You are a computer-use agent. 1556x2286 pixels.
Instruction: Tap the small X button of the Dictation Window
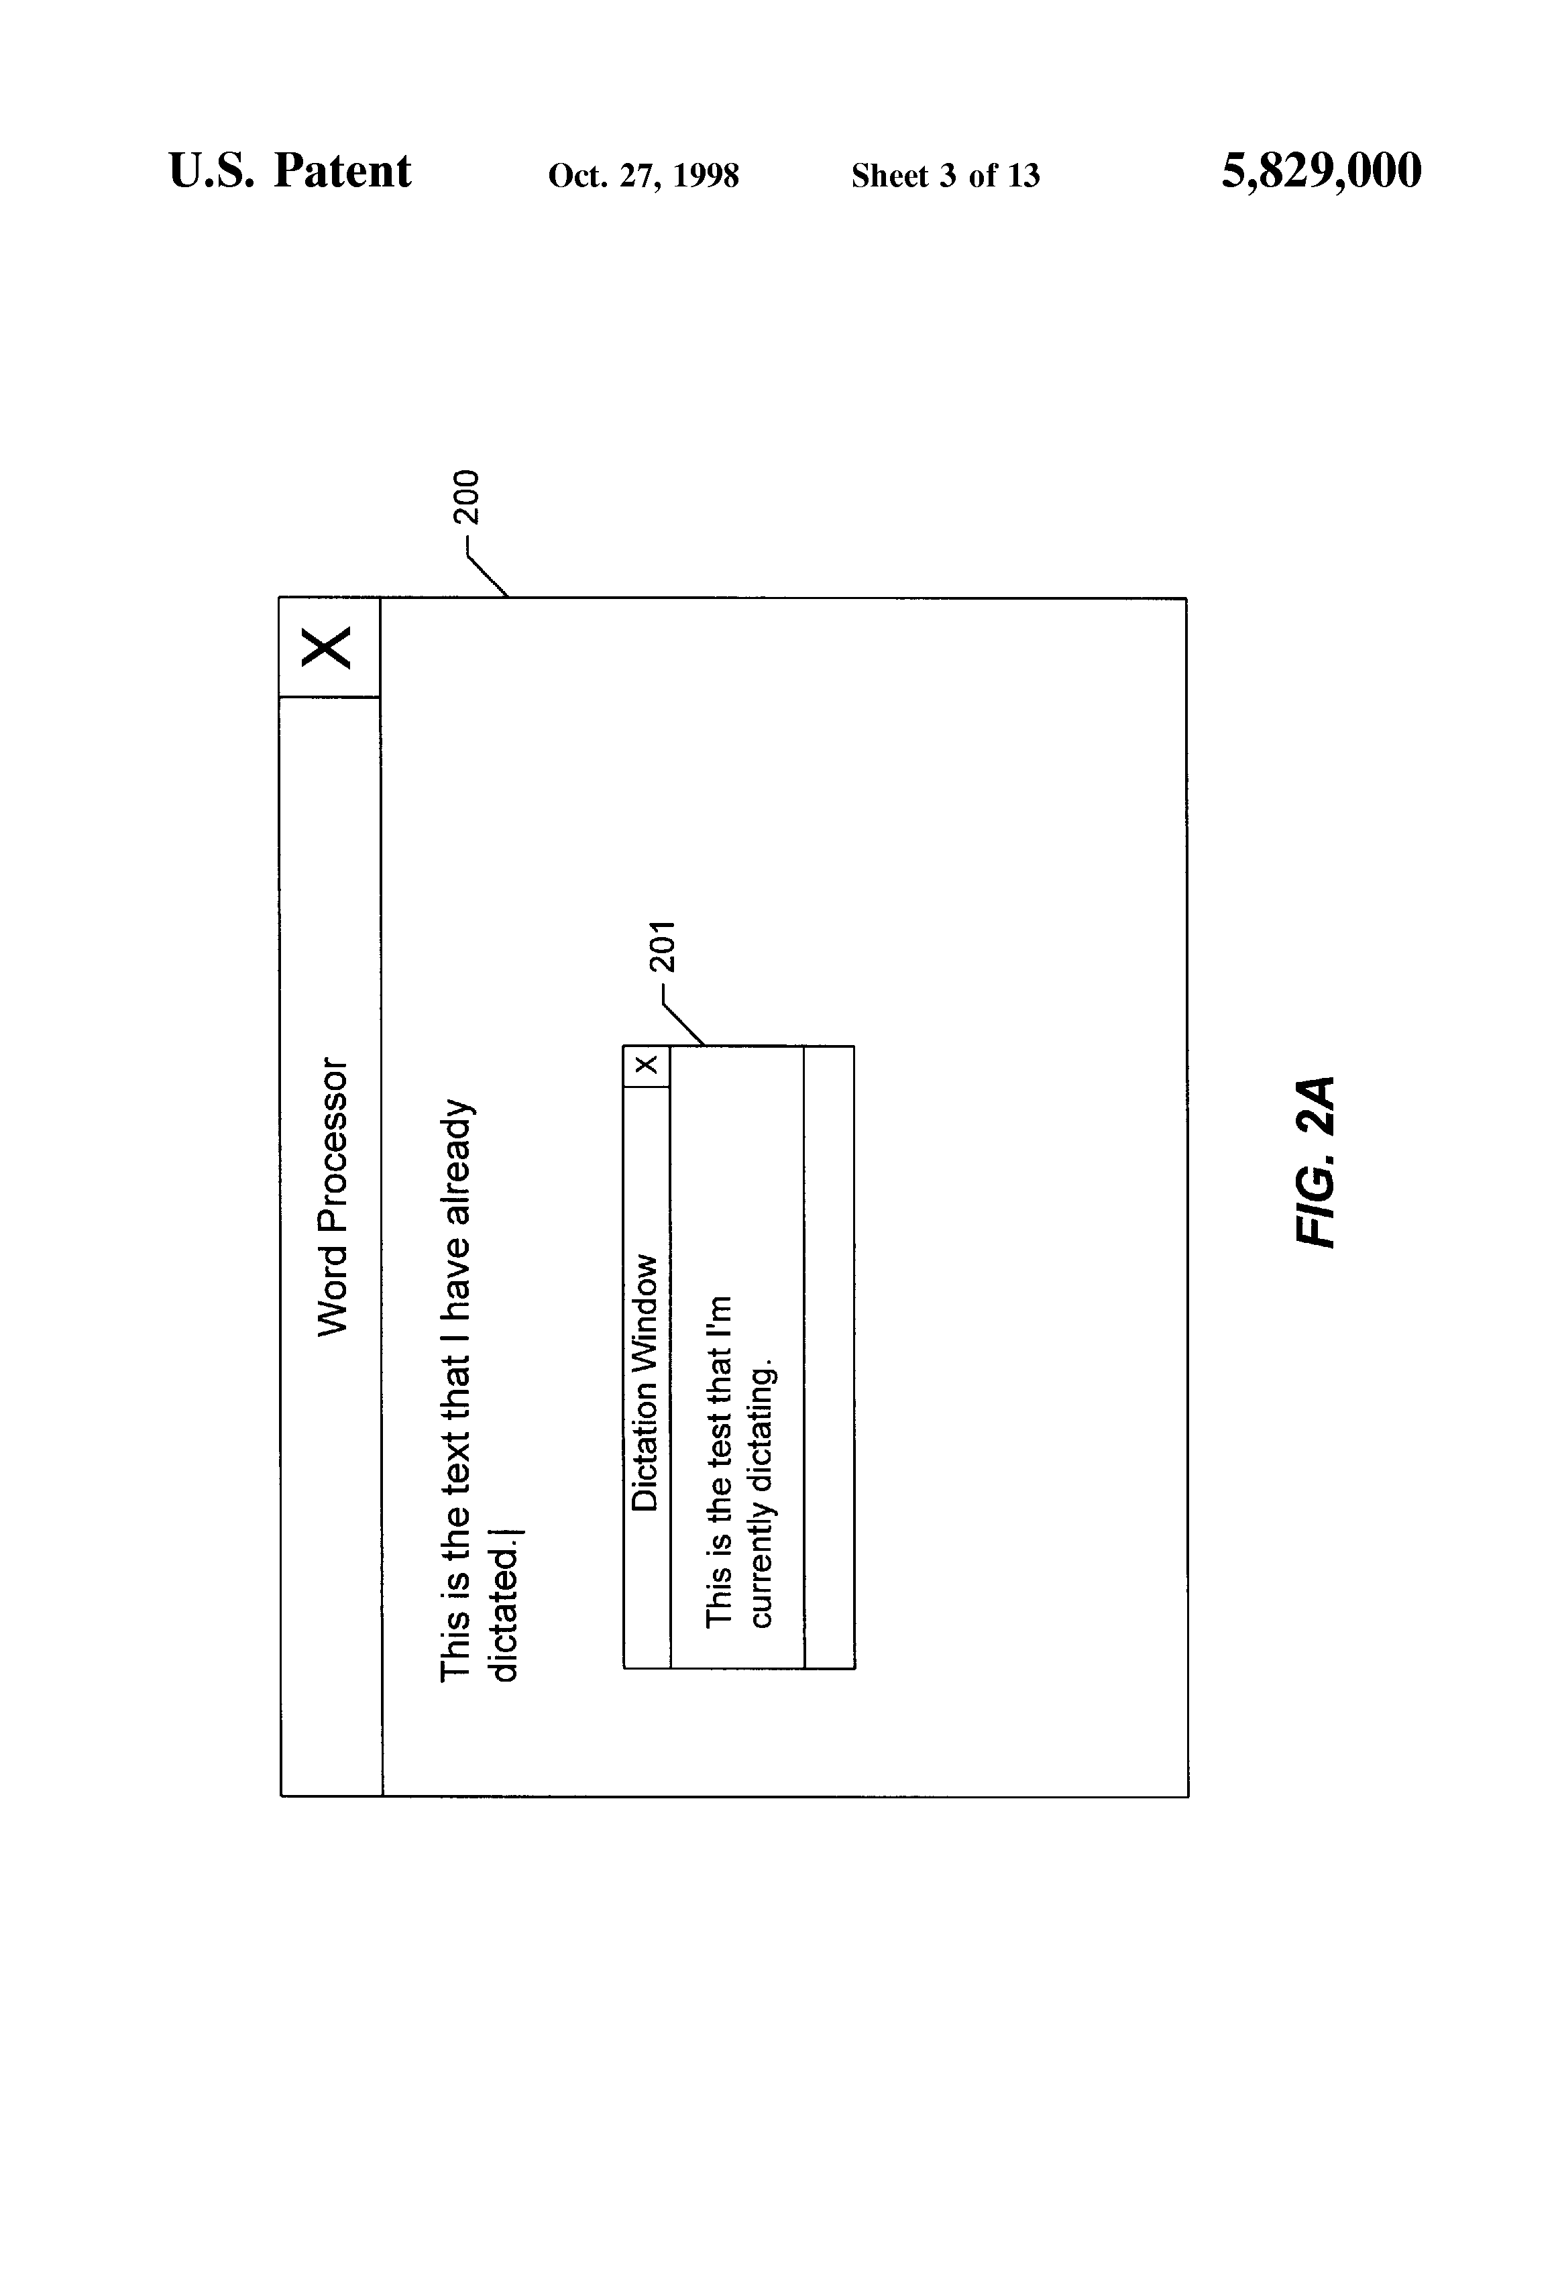646,1065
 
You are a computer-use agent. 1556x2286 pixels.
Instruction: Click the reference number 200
465,498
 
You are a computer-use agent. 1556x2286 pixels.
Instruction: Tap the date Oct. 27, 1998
643,176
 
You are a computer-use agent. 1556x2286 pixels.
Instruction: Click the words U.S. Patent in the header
290,171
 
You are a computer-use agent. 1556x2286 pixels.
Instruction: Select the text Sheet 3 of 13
945,176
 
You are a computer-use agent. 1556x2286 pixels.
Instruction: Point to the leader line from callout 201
683,1023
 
